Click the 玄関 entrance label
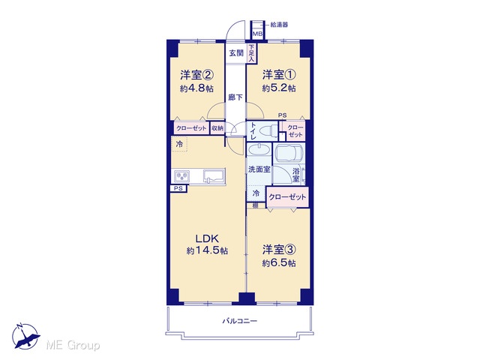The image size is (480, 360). coord(236,53)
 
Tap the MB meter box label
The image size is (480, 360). coord(257,34)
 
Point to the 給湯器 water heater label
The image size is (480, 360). coord(279,25)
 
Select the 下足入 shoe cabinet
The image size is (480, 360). coord(251,53)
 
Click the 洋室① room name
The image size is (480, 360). coord(279,75)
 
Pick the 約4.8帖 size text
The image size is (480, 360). coord(196,88)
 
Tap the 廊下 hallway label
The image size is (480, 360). coord(235,97)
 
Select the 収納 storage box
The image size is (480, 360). coord(217,128)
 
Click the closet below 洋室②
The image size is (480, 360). coord(191,128)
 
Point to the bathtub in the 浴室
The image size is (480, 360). coord(289,154)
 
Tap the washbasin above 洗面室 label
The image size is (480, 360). coord(259,150)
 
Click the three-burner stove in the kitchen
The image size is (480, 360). coord(181,177)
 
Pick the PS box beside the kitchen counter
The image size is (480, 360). coord(178,188)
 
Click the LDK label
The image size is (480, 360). coord(207,238)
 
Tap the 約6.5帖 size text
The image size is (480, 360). coord(279,263)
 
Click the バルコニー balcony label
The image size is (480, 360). coord(240,321)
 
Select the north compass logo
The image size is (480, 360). coord(25,336)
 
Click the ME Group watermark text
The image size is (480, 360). coord(73,346)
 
